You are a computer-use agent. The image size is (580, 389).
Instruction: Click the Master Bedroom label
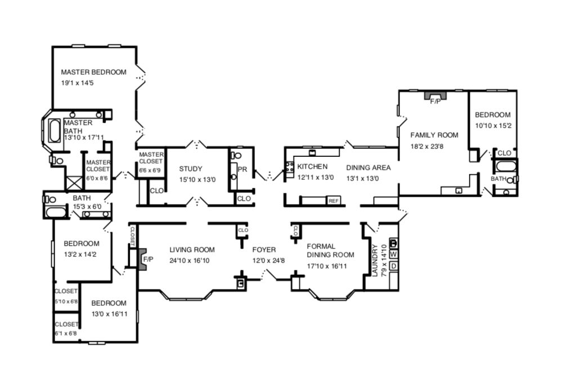pyautogui.click(x=93, y=72)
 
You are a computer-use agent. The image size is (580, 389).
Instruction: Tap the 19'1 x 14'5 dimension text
pyautogui.click(x=77, y=83)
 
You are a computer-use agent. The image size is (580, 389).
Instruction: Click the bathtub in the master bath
pyautogui.click(x=55, y=130)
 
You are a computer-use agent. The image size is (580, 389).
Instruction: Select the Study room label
pyautogui.click(x=191, y=169)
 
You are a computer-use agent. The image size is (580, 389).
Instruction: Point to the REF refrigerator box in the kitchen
pyautogui.click(x=333, y=201)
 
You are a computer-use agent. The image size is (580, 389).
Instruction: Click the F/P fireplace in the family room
pyautogui.click(x=435, y=97)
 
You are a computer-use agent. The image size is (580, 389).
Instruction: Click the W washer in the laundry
pyautogui.click(x=394, y=254)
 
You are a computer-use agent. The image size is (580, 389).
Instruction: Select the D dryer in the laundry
pyautogui.click(x=394, y=266)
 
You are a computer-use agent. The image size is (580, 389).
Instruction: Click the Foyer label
pyautogui.click(x=264, y=250)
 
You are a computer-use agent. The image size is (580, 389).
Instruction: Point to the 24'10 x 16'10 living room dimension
pyautogui.click(x=190, y=260)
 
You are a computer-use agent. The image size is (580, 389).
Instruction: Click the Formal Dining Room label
pyautogui.click(x=330, y=250)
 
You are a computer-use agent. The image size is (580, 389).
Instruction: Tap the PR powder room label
pyautogui.click(x=242, y=169)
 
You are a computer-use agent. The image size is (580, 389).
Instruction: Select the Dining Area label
pyautogui.click(x=368, y=168)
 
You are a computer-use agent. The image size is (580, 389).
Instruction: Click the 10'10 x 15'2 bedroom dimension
pyautogui.click(x=493, y=126)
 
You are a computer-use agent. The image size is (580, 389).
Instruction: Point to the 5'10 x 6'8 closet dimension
pyautogui.click(x=66, y=301)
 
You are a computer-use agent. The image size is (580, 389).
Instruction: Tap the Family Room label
pyautogui.click(x=434, y=135)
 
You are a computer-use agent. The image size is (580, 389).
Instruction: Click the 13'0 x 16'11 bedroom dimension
pyautogui.click(x=110, y=314)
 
